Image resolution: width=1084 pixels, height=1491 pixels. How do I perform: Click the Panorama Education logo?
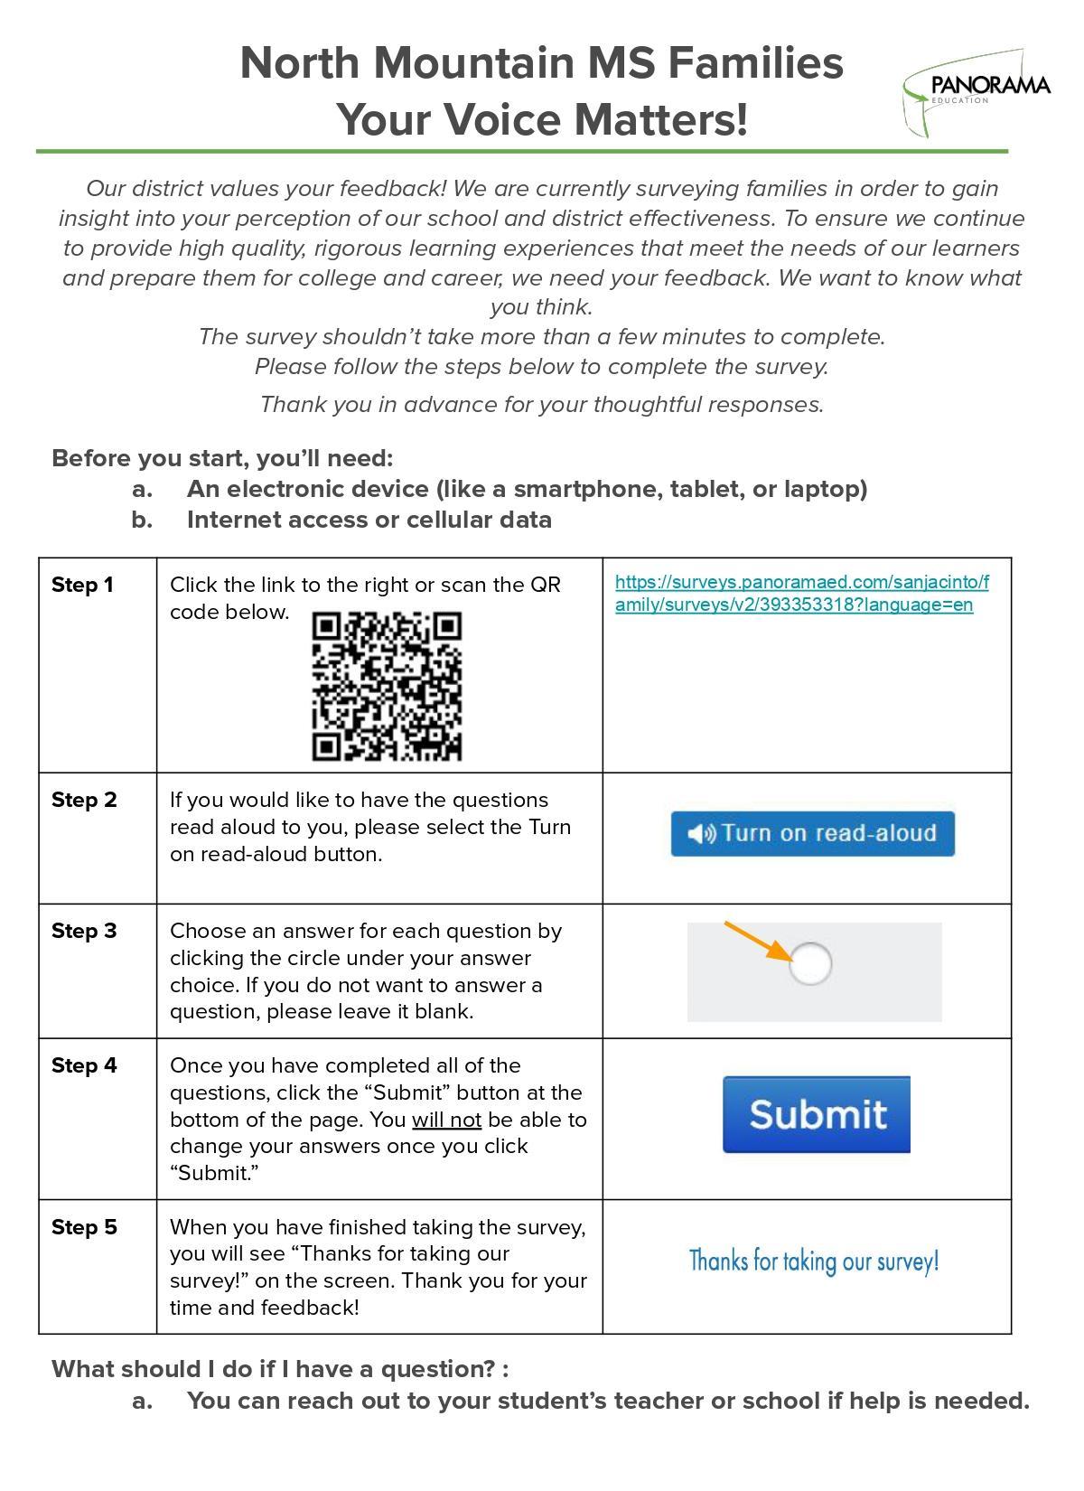pyautogui.click(x=977, y=91)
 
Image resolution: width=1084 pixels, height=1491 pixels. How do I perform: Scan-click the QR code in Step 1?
pyautogui.click(x=387, y=686)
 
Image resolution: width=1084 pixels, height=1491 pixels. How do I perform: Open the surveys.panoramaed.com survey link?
pyautogui.click(x=801, y=594)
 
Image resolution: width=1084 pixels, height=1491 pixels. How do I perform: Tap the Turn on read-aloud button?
pyautogui.click(x=812, y=833)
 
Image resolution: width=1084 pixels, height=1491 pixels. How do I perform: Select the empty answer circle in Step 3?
pyautogui.click(x=810, y=963)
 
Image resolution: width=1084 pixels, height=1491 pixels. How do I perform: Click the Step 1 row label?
pyautogui.click(x=83, y=586)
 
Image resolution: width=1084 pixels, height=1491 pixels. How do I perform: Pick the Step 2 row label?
pyautogui.click(x=84, y=801)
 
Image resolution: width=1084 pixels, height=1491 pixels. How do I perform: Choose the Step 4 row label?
pyautogui.click(x=84, y=1066)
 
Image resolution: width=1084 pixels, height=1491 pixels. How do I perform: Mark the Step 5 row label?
pyautogui.click(x=84, y=1227)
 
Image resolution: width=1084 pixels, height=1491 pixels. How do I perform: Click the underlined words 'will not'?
pyautogui.click(x=446, y=1121)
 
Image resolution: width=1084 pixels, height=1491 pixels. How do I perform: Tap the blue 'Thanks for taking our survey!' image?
pyautogui.click(x=814, y=1261)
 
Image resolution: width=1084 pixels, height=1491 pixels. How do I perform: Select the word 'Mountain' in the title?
pyautogui.click(x=473, y=64)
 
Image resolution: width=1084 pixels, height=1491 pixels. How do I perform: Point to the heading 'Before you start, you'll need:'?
pyautogui.click(x=222, y=459)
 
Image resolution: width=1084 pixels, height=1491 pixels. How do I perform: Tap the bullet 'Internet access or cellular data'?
pyautogui.click(x=369, y=520)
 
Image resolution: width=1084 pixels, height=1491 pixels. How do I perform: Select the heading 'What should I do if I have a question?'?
pyautogui.click(x=280, y=1370)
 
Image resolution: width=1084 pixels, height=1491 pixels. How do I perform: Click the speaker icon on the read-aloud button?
pyautogui.click(x=700, y=833)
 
